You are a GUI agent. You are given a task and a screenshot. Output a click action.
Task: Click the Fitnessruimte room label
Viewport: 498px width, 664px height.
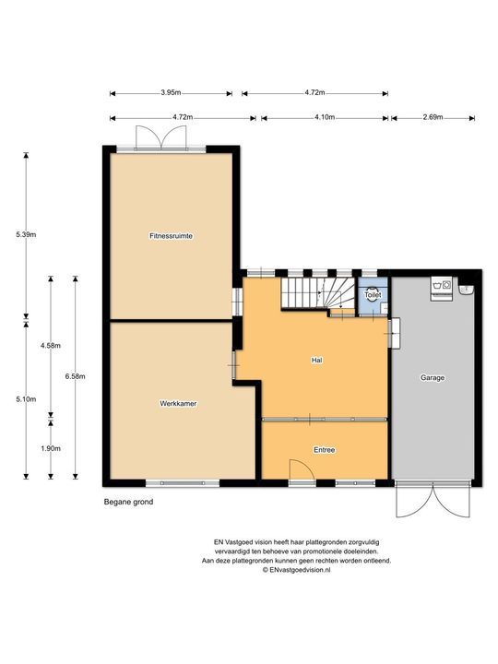point(170,236)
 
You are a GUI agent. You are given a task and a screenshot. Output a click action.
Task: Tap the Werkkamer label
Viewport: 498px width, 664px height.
point(177,404)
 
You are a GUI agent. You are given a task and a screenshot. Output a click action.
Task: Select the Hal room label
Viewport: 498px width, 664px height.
point(315,361)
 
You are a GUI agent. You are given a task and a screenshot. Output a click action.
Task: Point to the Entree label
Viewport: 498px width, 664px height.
point(324,450)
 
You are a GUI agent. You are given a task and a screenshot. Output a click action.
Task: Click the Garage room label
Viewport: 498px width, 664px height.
point(433,378)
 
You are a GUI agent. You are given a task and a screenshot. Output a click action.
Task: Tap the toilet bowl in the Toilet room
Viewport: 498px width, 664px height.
point(373,297)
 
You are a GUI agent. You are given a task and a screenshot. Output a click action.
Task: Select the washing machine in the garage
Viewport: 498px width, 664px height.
point(440,287)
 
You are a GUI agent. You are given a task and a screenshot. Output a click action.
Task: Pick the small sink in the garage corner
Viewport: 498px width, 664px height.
point(465,289)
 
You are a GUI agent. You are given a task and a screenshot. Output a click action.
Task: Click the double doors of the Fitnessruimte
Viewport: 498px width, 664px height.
point(154,136)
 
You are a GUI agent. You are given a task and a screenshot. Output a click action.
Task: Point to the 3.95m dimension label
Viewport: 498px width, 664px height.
point(170,93)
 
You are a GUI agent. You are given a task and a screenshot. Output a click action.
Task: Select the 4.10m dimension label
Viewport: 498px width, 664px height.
point(324,118)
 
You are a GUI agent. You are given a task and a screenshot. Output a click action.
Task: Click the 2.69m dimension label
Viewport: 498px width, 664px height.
point(433,118)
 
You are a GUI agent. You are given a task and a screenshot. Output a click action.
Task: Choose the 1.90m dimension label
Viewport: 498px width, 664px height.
point(50,448)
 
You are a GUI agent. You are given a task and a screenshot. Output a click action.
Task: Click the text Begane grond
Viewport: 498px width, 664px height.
point(128,503)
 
